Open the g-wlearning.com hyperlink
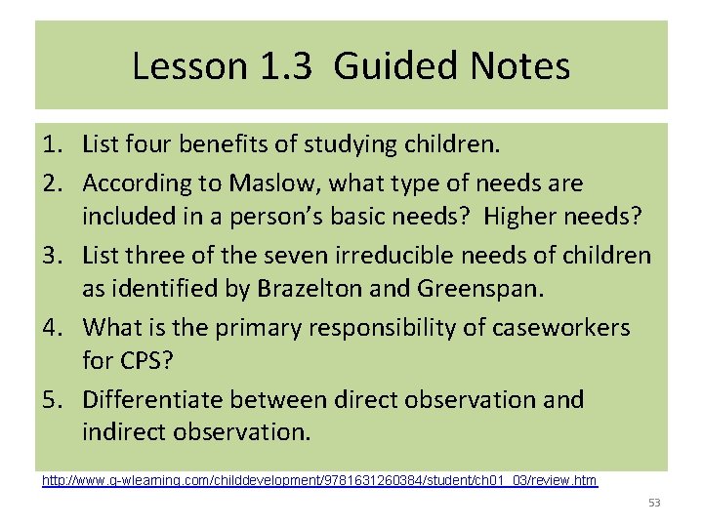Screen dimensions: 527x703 click(319, 481)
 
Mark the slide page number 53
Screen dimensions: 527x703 click(654, 503)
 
